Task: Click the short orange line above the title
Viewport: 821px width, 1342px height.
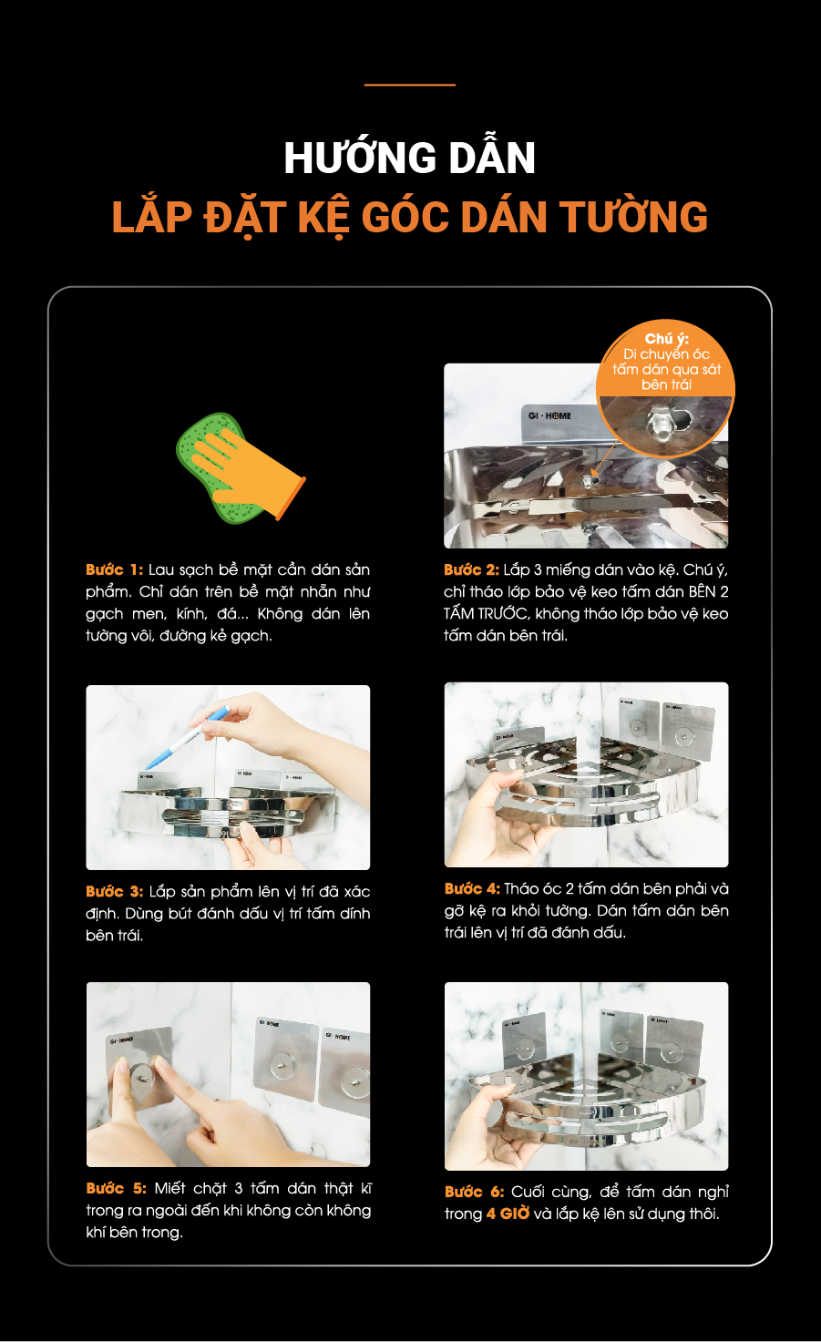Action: pos(410,85)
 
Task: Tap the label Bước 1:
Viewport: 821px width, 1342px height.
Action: pos(115,569)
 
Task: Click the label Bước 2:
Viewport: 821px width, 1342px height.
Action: pos(472,569)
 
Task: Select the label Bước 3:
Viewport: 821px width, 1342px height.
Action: pos(115,891)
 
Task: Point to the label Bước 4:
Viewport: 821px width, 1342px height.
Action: pos(472,888)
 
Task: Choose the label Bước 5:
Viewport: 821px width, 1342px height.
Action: pos(117,1187)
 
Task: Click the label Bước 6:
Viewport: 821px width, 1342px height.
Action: pos(475,1191)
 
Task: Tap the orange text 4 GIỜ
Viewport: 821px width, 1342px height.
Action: pos(508,1214)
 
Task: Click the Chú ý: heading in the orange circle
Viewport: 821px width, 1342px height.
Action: pos(666,339)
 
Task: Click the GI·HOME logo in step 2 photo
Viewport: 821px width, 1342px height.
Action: pos(549,415)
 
